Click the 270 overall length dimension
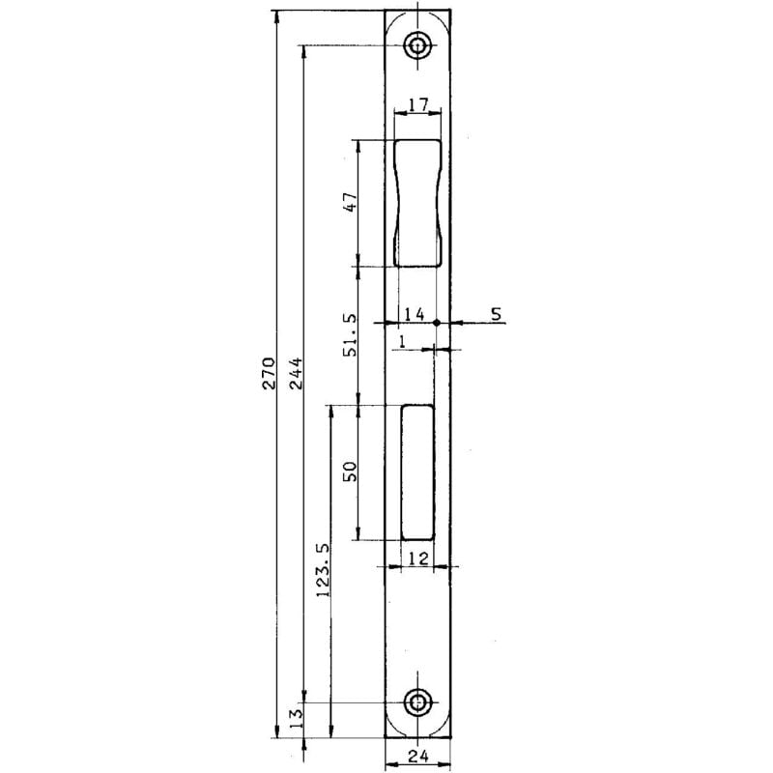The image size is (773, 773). coord(270,373)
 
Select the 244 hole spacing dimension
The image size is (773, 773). coord(297,373)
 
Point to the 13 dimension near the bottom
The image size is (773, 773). coord(297,717)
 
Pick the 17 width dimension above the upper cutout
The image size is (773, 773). coord(417,104)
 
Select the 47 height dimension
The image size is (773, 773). coord(352,202)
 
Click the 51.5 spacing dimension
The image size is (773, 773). coord(352,335)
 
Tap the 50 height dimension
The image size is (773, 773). coord(352,472)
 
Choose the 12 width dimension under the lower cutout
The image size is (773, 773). coord(417,558)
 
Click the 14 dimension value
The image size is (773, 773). coord(414,314)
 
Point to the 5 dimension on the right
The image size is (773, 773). coord(497,314)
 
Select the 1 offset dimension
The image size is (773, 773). coord(402,341)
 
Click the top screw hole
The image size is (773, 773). coord(418,45)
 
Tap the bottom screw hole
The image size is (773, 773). coord(418,702)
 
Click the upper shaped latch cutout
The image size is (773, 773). coord(417,202)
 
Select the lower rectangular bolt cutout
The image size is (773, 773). coord(417,472)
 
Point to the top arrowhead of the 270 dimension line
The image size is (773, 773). coord(276,14)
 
